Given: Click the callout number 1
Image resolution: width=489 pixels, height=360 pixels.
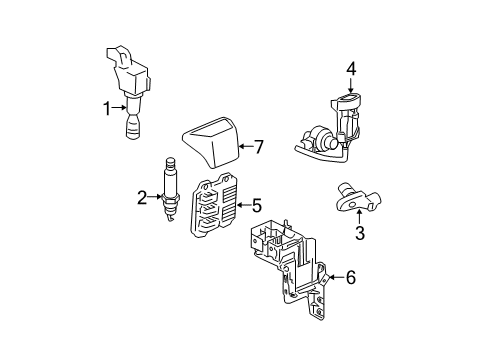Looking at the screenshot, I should click(x=107, y=109).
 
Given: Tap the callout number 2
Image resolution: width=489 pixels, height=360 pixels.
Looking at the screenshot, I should click(x=142, y=198).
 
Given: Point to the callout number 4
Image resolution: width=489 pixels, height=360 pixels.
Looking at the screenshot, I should click(x=350, y=70).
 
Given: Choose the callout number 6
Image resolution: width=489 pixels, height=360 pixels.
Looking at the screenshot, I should click(x=351, y=279).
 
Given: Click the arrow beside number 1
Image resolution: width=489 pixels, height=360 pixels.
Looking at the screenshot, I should click(x=121, y=109).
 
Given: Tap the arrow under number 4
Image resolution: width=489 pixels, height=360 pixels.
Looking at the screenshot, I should click(x=350, y=88).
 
